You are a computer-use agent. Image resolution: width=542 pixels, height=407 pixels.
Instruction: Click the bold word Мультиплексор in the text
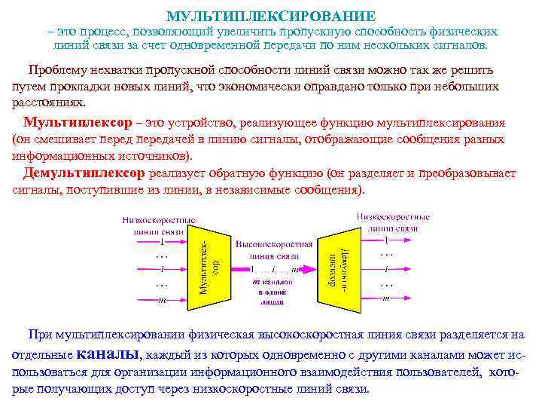click(x=70, y=123)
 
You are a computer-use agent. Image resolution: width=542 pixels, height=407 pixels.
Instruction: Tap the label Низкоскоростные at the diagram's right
click(x=394, y=216)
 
